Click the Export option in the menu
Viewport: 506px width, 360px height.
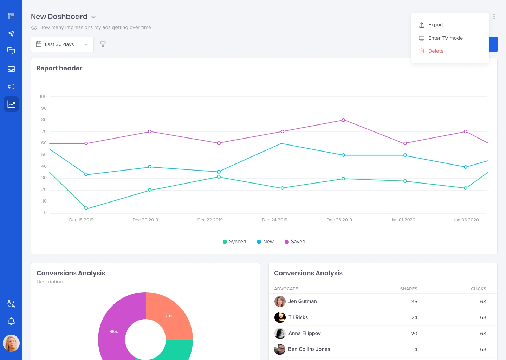point(435,25)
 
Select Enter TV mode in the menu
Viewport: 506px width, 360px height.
point(445,38)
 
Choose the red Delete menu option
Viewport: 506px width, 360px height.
point(436,51)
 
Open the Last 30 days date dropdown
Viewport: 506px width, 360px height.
point(62,44)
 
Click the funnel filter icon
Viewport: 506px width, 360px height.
point(103,44)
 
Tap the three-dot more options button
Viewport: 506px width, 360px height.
point(494,17)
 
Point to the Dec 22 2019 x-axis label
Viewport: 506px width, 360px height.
point(210,220)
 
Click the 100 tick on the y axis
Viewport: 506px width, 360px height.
point(43,97)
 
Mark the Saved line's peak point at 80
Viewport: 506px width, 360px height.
point(343,120)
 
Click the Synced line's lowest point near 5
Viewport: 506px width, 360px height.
point(86,208)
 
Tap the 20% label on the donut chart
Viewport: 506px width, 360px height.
point(169,316)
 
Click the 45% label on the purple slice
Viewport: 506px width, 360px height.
point(113,332)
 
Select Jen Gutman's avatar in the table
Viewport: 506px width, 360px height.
point(280,301)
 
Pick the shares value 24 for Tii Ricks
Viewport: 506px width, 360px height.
point(414,317)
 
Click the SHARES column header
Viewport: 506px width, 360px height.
point(408,289)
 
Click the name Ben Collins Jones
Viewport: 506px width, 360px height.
point(309,349)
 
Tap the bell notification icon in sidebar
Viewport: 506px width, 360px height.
point(11,321)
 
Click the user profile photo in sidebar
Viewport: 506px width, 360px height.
point(11,343)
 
